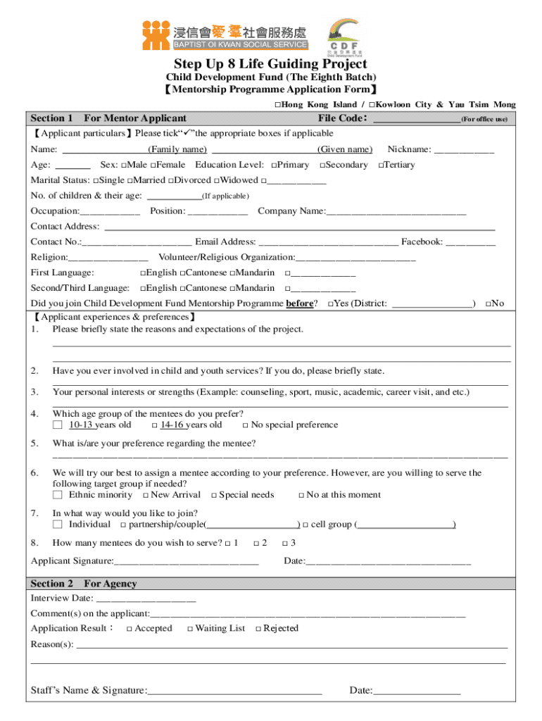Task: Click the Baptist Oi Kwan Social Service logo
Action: click(225, 35)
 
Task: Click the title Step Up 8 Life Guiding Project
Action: click(270, 64)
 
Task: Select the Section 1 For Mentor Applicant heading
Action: click(108, 118)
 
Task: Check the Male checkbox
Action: click(124, 165)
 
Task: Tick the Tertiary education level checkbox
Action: click(381, 165)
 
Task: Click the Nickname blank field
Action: click(464, 150)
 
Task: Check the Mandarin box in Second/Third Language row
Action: click(232, 289)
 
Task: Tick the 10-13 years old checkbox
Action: click(58, 425)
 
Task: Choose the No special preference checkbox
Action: click(245, 426)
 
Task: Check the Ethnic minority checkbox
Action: click(58, 495)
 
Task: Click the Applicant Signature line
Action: click(186, 562)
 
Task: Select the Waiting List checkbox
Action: click(190, 629)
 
